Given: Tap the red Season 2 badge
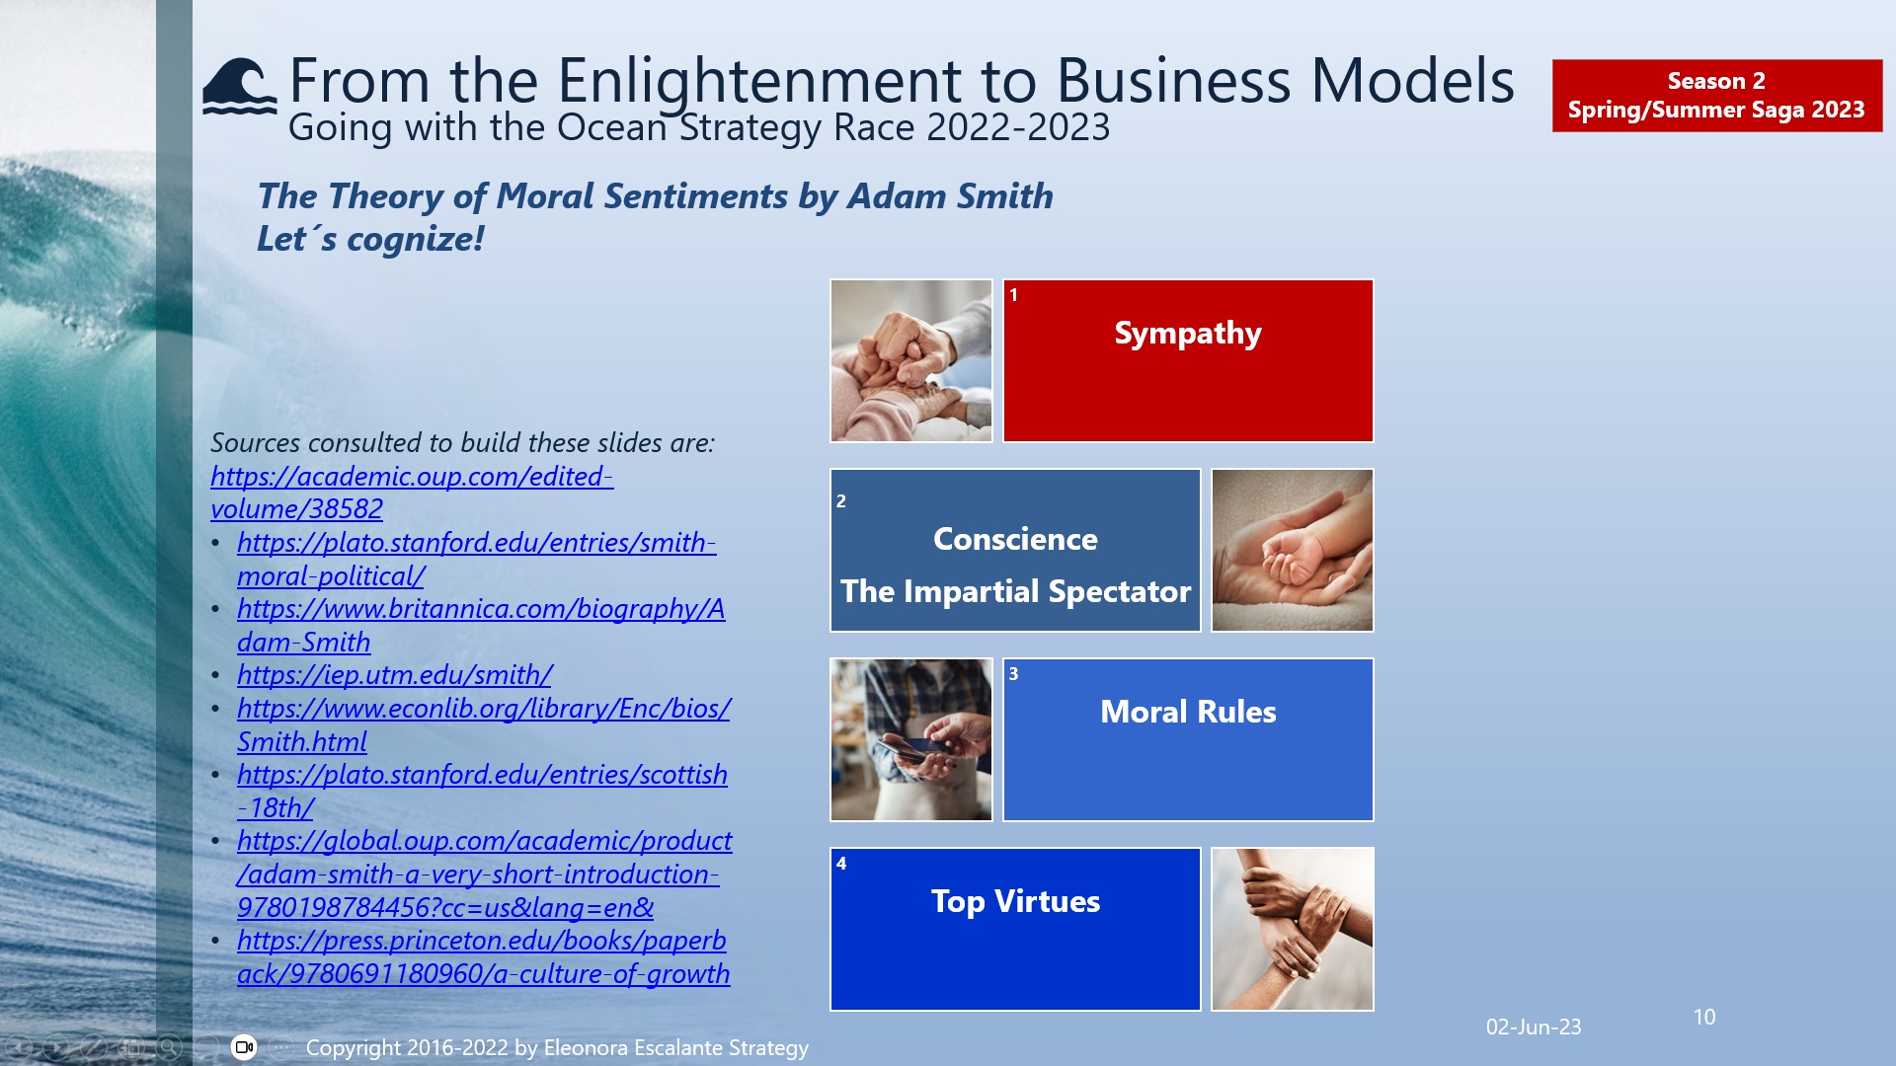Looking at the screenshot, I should (1716, 96).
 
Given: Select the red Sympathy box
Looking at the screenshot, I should (1188, 361).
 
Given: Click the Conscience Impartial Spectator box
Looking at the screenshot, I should (1015, 551).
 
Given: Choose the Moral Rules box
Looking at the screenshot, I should (1188, 740).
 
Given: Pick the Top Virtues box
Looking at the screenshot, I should (1015, 930).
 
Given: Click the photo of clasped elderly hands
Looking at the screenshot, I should (910, 361).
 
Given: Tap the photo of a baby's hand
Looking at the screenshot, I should (1292, 551).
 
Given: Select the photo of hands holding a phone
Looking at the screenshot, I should (910, 740).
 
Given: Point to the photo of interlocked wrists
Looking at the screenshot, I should (1292, 930).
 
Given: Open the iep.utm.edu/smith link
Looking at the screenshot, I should (394, 675).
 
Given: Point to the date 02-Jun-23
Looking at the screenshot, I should (1533, 1028).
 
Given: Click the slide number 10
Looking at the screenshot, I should (1703, 1018).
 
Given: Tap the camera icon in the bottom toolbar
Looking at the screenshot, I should (244, 1047).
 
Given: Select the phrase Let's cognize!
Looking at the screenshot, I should (370, 239).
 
